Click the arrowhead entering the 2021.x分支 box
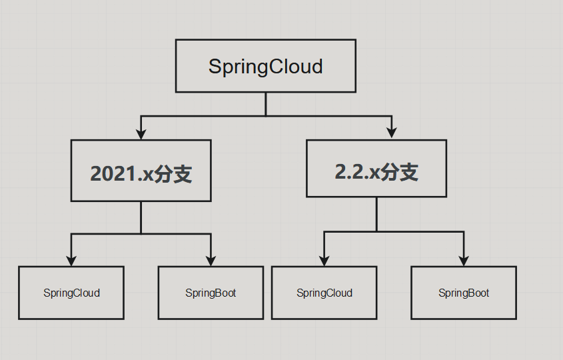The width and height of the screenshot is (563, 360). tap(141, 134)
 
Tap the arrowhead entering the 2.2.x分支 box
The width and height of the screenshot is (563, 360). tap(392, 133)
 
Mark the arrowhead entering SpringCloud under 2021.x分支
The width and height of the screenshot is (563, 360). tap(71, 261)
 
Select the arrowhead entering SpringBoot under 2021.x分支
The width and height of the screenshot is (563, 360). tap(211, 261)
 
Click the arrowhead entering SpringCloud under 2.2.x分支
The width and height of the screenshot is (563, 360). tap(324, 261)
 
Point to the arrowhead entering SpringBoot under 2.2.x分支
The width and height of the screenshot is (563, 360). tap(464, 261)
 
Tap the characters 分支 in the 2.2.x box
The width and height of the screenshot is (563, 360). tap(399, 172)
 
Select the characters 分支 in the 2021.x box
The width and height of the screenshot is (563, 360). tap(173, 174)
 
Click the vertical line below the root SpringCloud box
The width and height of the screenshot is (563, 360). tap(266, 104)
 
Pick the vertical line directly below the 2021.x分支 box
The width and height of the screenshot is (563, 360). tap(141, 217)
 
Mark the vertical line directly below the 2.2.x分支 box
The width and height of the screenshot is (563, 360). tap(376, 214)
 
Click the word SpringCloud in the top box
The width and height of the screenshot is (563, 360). tap(266, 67)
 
